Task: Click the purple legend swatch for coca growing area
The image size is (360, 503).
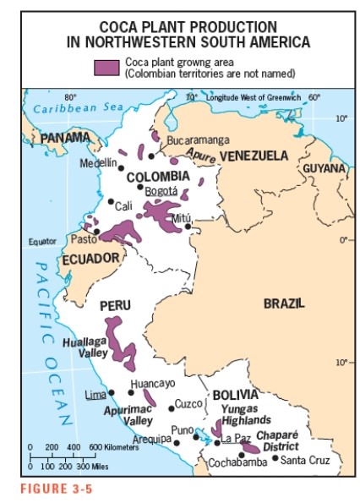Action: tap(106, 68)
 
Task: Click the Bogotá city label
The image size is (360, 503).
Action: tap(161, 192)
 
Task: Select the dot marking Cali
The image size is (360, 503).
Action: tap(111, 201)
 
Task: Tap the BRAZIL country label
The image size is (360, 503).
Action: tap(284, 303)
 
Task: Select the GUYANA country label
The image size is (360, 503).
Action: tap(325, 168)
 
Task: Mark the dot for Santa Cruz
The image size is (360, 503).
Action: tap(275, 459)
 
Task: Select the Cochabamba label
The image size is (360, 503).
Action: tap(237, 462)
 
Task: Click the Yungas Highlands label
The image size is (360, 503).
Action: tap(245, 414)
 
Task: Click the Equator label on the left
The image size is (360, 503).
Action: tap(42, 242)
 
